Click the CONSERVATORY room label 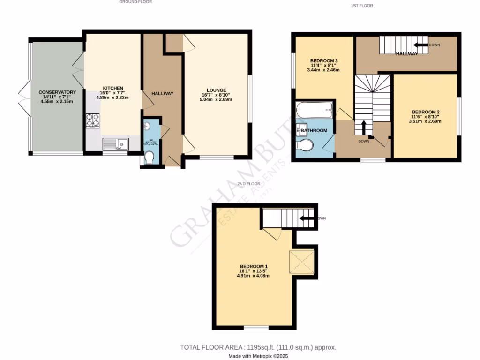pyautogui.click(x=57, y=92)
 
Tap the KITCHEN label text pyautogui.click(x=113, y=88)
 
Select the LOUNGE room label pyautogui.click(x=217, y=90)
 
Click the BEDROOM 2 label pyautogui.click(x=425, y=112)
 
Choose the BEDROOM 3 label pyautogui.click(x=324, y=61)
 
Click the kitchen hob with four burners pyautogui.click(x=93, y=121)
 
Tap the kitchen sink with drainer pyautogui.click(x=115, y=143)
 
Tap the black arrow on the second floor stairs pyautogui.click(x=307, y=218)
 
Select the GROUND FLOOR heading pyautogui.click(x=135, y=2)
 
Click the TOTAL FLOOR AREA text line pyautogui.click(x=258, y=347)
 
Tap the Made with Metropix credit pyautogui.click(x=258, y=356)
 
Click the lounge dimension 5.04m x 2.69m pyautogui.click(x=217, y=99)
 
